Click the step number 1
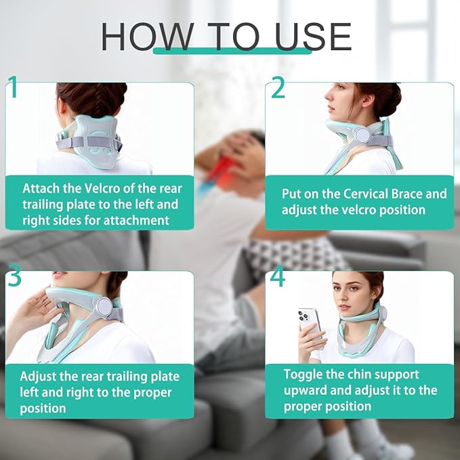click(12, 89)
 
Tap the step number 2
click(278, 88)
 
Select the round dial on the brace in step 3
click(104, 307)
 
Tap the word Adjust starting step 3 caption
click(40, 376)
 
